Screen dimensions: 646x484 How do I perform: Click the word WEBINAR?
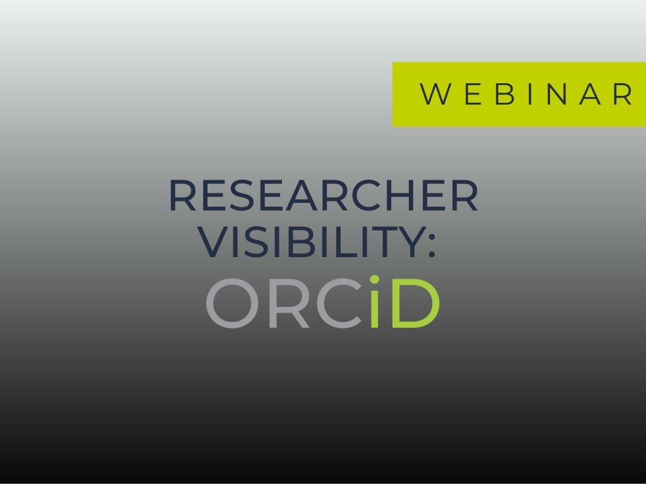[526, 94]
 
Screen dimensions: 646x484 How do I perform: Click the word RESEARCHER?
[324, 195]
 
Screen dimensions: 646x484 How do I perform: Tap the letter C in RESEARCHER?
[366, 195]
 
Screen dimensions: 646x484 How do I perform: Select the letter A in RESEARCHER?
[302, 195]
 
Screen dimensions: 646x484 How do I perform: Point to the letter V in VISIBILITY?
[213, 242]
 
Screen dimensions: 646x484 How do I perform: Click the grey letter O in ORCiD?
[232, 303]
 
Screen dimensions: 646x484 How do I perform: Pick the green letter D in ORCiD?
[416, 303]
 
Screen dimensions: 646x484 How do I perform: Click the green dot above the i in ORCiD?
[375, 280]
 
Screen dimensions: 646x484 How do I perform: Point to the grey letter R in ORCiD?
[288, 303]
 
